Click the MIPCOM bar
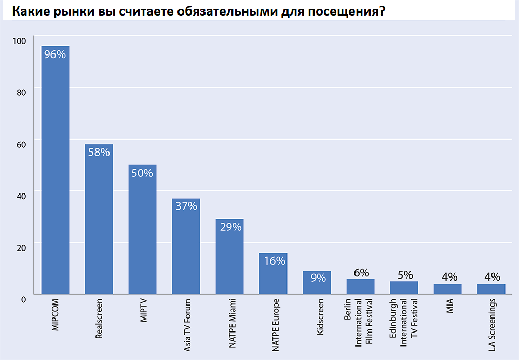click(x=55, y=171)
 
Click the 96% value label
click(x=55, y=54)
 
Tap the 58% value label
click(x=99, y=152)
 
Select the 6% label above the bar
click(x=361, y=272)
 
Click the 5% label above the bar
click(x=404, y=275)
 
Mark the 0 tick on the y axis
click(x=23, y=299)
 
